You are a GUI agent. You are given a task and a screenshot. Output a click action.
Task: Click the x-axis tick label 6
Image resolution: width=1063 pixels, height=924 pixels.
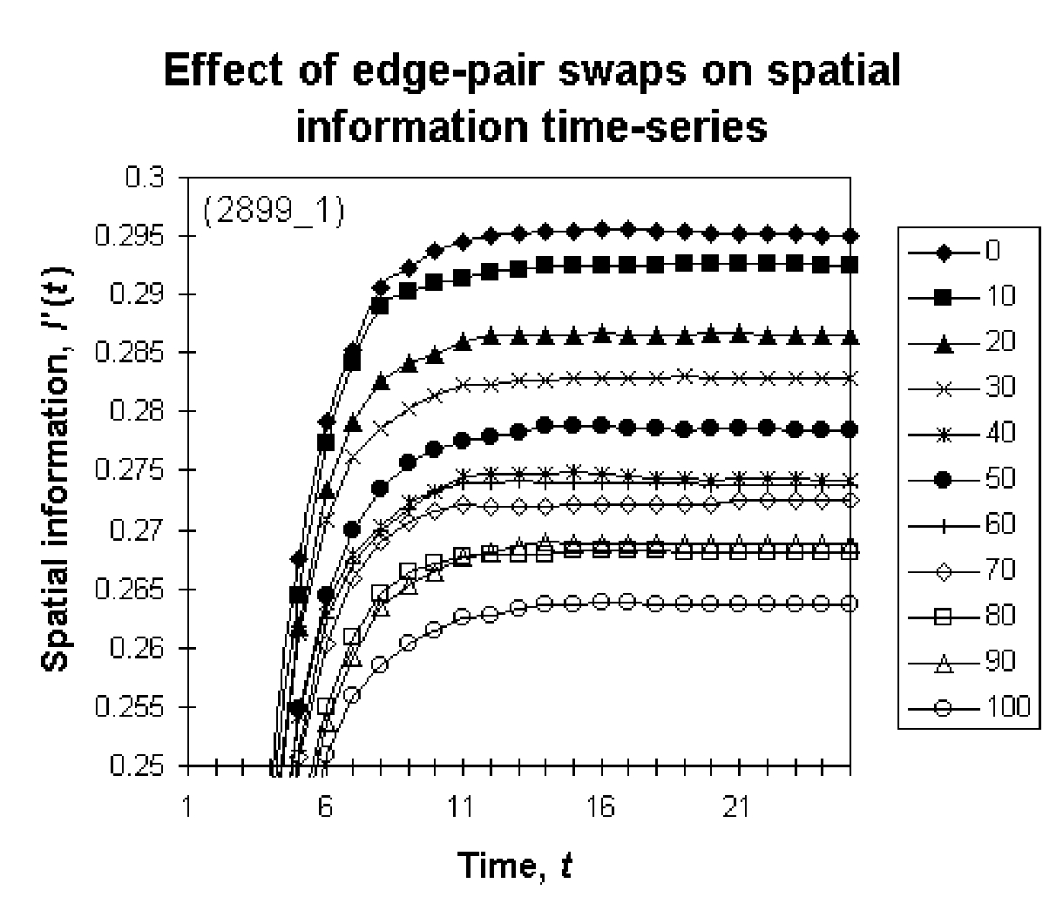tap(325, 808)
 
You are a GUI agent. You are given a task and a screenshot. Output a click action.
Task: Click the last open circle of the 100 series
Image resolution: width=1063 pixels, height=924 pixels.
tap(850, 604)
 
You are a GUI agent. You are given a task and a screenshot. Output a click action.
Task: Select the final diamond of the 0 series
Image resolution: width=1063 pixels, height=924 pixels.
tap(850, 236)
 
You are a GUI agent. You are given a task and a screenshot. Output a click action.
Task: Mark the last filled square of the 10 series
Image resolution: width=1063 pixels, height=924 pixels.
tap(850, 265)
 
